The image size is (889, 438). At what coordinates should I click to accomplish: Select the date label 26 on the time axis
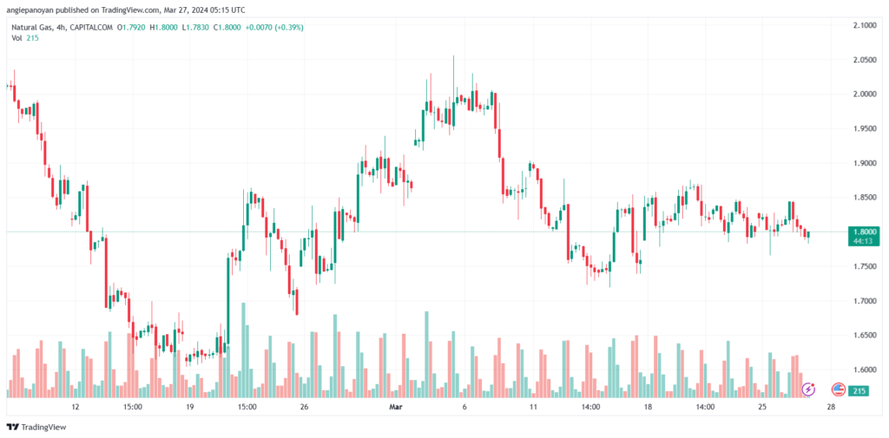click(x=304, y=406)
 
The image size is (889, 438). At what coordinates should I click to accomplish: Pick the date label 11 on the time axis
click(x=532, y=406)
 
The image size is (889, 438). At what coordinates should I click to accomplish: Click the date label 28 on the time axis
click(x=831, y=406)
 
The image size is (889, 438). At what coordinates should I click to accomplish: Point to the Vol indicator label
click(x=16, y=38)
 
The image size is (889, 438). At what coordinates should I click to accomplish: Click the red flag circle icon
click(x=839, y=389)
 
